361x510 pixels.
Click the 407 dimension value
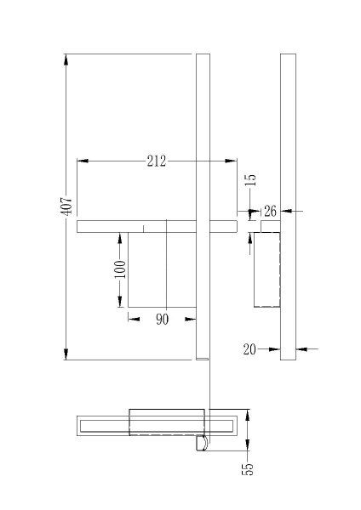click(66, 205)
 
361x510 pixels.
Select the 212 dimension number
click(157, 161)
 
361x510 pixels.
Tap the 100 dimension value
click(120, 269)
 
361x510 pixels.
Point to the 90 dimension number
click(163, 320)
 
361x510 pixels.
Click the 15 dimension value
click(251, 179)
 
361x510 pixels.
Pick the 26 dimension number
click(270, 212)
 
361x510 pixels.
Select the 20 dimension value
click(249, 349)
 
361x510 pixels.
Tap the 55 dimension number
click(248, 468)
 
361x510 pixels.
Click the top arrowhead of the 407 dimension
click(66, 59)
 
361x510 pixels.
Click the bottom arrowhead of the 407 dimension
click(66, 354)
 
